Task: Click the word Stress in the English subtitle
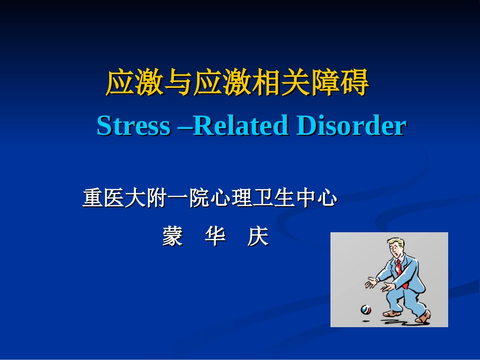(x=133, y=126)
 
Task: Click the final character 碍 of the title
(x=355, y=83)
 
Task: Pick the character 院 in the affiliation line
(x=199, y=198)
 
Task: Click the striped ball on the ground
(x=365, y=309)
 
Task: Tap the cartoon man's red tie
(x=399, y=267)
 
